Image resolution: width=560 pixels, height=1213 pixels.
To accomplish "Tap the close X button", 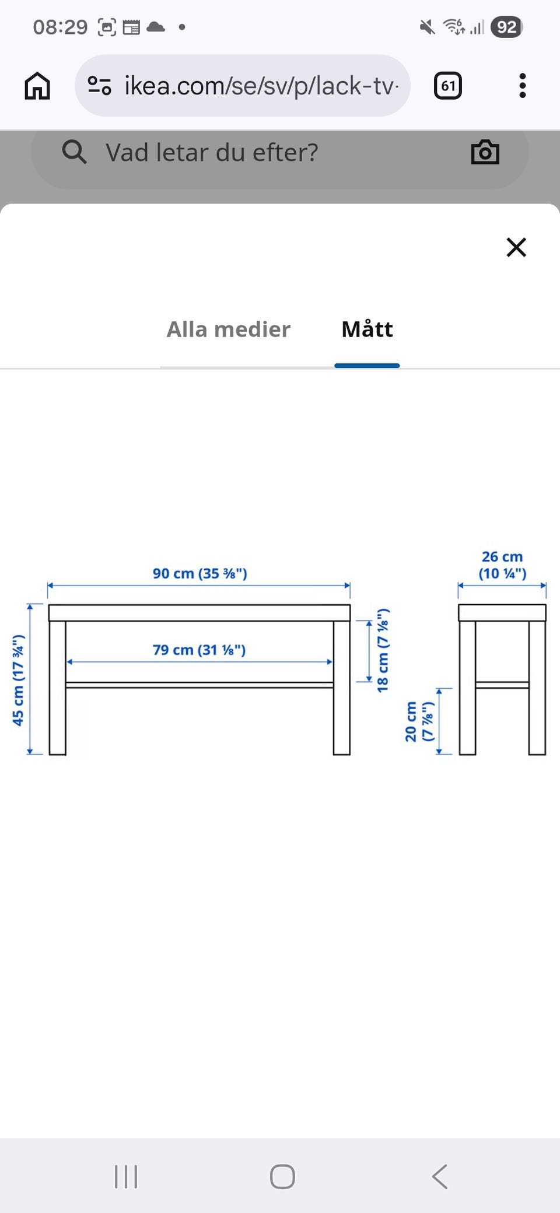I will (516, 247).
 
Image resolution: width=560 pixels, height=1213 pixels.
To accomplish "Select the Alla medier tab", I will (228, 329).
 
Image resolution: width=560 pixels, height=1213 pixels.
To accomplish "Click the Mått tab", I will (367, 329).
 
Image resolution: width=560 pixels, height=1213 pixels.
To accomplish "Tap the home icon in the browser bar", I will (37, 86).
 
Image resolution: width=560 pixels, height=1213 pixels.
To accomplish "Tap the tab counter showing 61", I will (448, 86).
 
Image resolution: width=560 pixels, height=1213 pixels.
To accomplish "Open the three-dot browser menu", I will (522, 86).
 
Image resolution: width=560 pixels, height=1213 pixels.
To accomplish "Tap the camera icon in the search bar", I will (485, 152).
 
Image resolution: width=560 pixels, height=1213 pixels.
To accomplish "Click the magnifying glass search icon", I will (74, 152).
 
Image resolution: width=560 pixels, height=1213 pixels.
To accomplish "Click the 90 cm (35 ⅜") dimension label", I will (199, 573).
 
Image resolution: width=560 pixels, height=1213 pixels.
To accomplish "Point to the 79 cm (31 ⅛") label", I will (199, 650).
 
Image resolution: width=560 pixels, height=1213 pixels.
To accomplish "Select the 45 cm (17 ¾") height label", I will (18, 680).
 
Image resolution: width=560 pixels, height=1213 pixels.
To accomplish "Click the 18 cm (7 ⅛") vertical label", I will (383, 650).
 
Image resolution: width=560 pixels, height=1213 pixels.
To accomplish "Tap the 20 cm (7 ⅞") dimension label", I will (419, 721).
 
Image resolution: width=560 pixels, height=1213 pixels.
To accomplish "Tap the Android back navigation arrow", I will (440, 1176).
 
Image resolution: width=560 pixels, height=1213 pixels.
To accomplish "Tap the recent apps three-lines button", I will (126, 1176).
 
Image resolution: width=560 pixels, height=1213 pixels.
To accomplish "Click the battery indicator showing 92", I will (506, 27).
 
